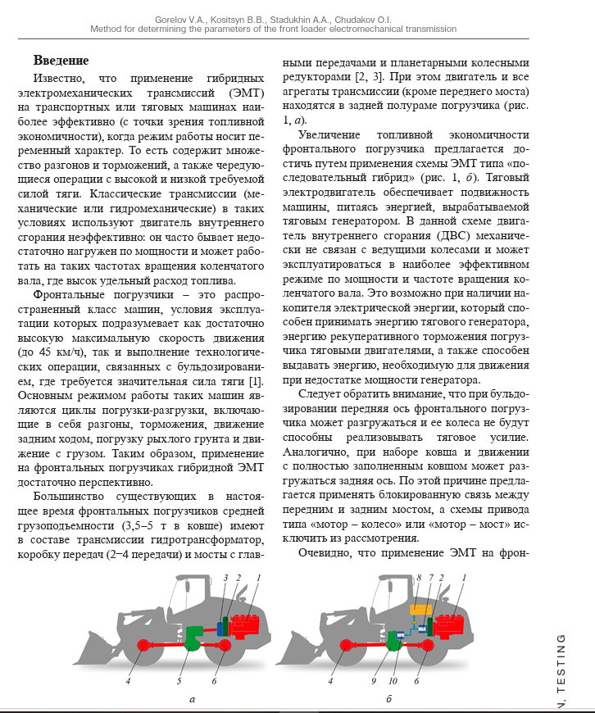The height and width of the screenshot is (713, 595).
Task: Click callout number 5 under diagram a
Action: [179, 680]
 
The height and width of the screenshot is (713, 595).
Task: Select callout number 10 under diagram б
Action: [393, 680]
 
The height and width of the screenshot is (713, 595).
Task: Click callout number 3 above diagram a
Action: [225, 579]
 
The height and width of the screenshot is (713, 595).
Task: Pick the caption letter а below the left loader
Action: [192, 699]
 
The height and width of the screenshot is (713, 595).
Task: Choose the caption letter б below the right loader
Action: [388, 699]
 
